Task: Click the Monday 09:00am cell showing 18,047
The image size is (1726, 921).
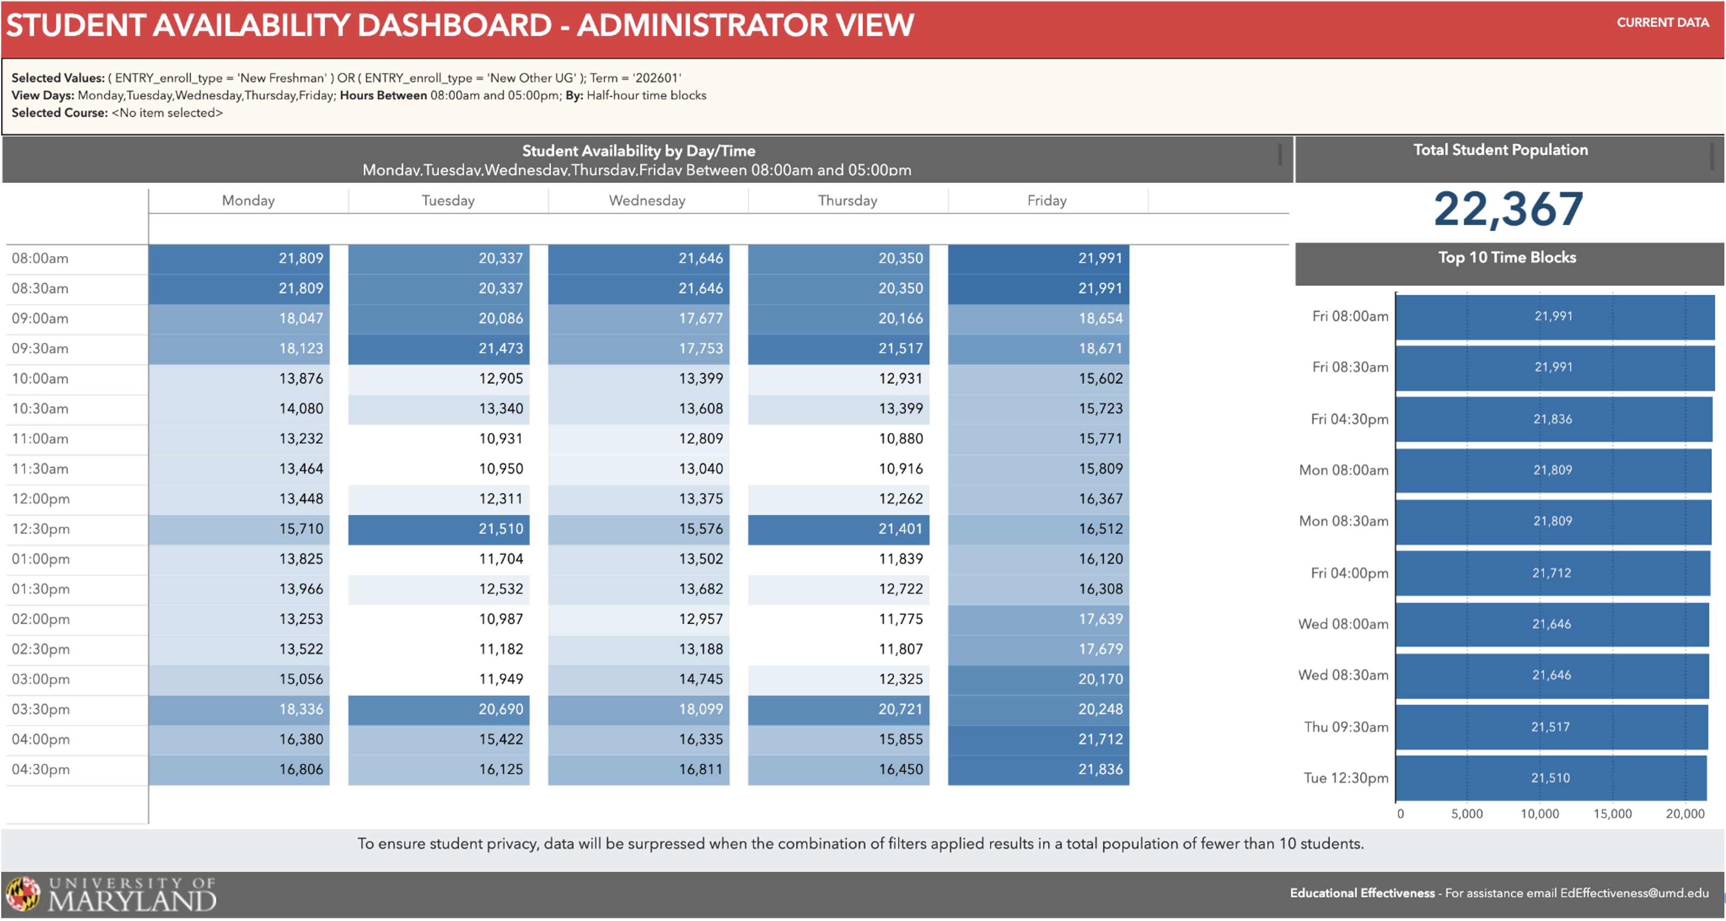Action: (x=239, y=318)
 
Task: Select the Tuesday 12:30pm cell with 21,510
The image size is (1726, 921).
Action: (x=439, y=529)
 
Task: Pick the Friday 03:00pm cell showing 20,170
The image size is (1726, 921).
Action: (x=1039, y=679)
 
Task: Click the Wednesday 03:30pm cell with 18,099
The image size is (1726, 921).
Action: (x=639, y=709)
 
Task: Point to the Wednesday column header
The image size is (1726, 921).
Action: (x=647, y=201)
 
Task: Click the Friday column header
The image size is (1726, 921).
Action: (x=1047, y=201)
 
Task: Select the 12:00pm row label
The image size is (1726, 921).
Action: (x=41, y=498)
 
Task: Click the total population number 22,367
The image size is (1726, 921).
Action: (x=1508, y=209)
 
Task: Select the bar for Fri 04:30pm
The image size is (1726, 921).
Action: (x=1553, y=419)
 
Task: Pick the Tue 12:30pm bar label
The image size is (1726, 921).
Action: (x=1345, y=778)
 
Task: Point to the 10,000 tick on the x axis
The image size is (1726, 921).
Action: (x=1539, y=814)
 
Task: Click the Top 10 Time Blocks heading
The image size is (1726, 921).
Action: (x=1507, y=258)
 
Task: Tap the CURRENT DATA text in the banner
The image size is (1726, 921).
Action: (x=1663, y=22)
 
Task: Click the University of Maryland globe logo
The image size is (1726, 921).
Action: (x=23, y=894)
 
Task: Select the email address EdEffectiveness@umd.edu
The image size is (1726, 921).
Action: (x=1634, y=893)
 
